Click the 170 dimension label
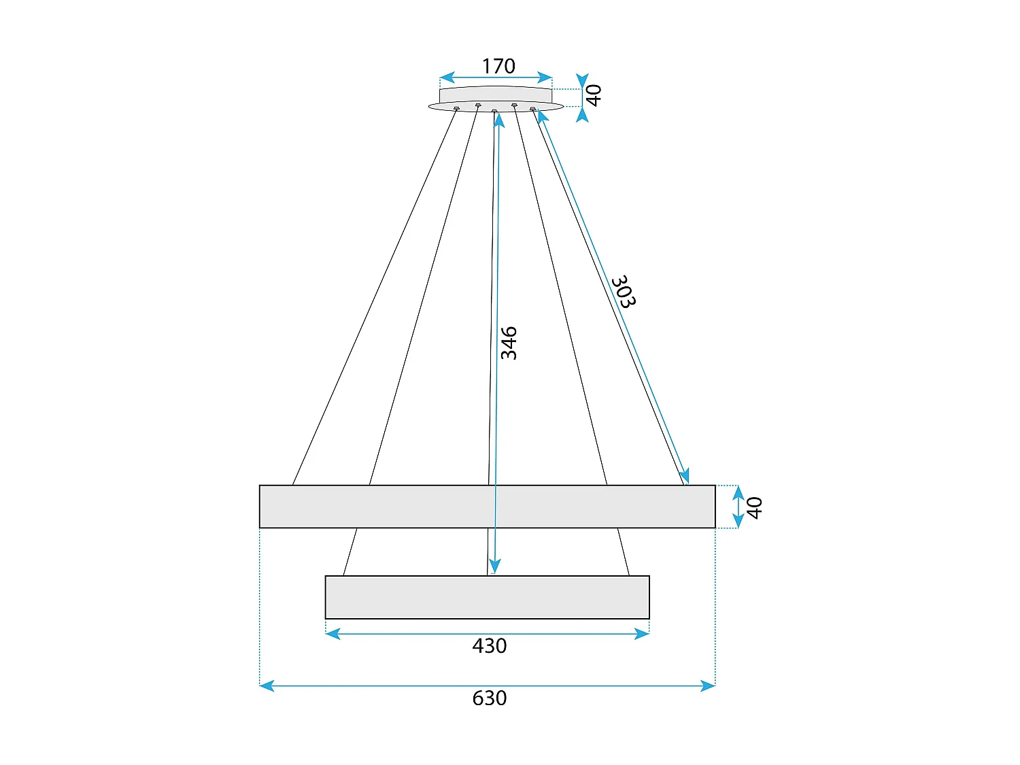[498, 66]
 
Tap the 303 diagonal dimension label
[623, 292]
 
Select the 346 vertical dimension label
[509, 343]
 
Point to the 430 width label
[490, 646]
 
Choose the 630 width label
[490, 698]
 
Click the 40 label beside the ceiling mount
[594, 95]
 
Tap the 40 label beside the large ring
[754, 507]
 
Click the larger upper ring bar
[487, 507]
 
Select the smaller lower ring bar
[487, 597]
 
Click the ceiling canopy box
[496, 95]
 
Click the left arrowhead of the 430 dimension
[333, 634]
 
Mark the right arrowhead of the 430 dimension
[642, 634]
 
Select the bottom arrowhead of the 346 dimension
[495, 566]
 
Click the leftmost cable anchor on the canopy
[456, 108]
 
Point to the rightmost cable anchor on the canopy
[533, 108]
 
